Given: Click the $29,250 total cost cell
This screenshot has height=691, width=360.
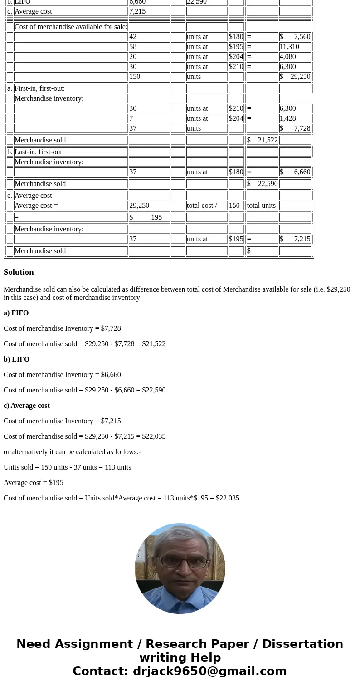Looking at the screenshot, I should click(295, 77).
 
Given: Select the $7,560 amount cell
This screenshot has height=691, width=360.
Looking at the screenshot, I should click(295, 37).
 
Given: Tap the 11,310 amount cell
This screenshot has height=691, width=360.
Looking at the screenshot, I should click(295, 47).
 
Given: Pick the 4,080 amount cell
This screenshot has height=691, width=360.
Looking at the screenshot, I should click(295, 57).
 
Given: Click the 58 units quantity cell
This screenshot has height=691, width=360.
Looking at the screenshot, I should click(149, 47).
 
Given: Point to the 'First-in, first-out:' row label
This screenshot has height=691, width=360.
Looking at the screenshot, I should click(40, 88).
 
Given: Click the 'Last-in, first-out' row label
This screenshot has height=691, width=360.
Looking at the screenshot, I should click(39, 152).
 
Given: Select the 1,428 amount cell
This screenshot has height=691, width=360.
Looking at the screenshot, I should click(295, 118).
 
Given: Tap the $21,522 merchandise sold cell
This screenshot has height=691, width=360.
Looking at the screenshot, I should click(262, 140).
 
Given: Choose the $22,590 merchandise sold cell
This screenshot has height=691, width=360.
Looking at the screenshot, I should click(262, 184).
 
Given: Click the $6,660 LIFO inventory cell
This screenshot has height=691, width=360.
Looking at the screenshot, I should click(295, 172).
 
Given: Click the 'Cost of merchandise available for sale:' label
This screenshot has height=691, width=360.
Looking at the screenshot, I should click(71, 27).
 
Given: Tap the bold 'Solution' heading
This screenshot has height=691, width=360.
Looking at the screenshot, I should click(19, 272).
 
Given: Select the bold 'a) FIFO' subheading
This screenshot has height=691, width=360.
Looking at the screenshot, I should click(16, 313).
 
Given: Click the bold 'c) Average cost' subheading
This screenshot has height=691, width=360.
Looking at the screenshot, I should click(27, 406).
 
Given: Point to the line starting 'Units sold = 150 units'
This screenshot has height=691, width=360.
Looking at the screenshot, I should click(68, 467).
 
